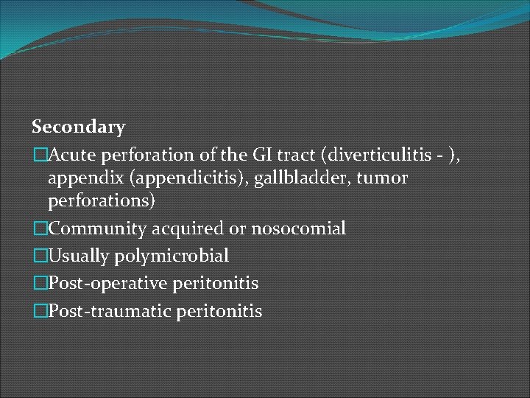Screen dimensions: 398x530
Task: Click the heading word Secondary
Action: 79,127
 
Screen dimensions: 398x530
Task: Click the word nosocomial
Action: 298,228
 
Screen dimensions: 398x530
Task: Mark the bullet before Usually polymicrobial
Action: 40,256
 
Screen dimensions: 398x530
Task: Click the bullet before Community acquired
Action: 40,228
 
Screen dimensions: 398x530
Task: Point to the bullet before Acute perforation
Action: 40,155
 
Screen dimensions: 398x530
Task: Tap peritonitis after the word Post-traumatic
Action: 219,311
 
